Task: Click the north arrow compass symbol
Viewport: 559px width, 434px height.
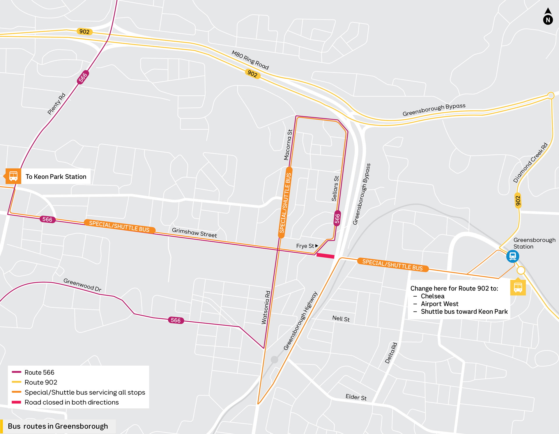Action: (548, 17)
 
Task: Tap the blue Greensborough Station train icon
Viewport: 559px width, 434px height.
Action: (512, 256)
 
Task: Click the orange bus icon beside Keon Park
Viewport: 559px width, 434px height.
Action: (13, 176)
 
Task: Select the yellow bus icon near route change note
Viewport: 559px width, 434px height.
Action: (518, 288)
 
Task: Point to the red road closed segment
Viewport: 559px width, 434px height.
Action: (325, 256)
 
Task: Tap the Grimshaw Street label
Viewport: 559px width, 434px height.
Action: (194, 233)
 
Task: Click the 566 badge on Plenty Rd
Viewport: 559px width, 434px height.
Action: (83, 77)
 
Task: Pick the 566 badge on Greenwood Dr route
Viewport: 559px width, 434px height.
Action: (176, 320)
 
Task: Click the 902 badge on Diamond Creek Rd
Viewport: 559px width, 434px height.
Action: (518, 201)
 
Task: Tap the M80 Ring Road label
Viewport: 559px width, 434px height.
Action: (250, 60)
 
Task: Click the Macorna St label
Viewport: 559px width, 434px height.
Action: (288, 145)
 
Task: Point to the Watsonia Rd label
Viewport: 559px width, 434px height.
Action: (266, 307)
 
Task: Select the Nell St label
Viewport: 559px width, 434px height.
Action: (341, 319)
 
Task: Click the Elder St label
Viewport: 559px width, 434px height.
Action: (356, 397)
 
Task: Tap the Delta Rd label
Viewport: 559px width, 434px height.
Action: (391, 353)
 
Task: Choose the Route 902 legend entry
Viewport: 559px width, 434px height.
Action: (40, 382)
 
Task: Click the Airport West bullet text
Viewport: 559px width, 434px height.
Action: (439, 304)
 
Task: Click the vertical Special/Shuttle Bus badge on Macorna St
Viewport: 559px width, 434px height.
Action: (285, 203)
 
